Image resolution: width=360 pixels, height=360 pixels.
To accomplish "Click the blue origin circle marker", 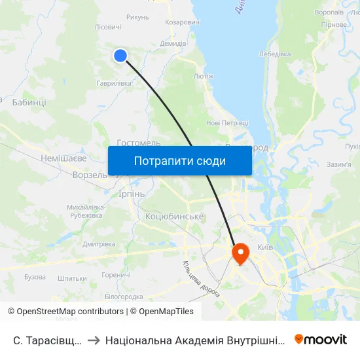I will pyautogui.click(x=120, y=56).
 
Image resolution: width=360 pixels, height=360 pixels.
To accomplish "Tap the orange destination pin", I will pyautogui.click(x=240, y=253).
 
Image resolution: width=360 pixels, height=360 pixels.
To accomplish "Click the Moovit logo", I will pyautogui.click(x=320, y=339).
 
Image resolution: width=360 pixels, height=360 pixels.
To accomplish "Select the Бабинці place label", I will pyautogui.click(x=29, y=103).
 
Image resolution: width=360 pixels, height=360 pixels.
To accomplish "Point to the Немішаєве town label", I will pyautogui.click(x=63, y=158).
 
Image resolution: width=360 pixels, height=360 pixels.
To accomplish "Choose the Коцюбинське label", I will pyautogui.click(x=175, y=216).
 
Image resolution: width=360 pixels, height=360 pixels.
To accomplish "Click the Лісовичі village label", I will pyautogui.click(x=108, y=27).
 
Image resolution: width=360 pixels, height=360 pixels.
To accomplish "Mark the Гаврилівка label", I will pyautogui.click(x=115, y=83).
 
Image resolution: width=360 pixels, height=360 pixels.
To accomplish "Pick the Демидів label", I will pyautogui.click(x=173, y=43).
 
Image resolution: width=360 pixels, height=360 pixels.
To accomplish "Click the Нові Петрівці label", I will pyautogui.click(x=227, y=122).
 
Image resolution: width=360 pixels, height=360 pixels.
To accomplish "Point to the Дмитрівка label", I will pyautogui.click(x=99, y=243).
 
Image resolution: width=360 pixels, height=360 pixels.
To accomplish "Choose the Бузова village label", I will pyautogui.click(x=35, y=278).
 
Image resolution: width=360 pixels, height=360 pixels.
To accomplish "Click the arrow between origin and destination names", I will pyautogui.click(x=94, y=340).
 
